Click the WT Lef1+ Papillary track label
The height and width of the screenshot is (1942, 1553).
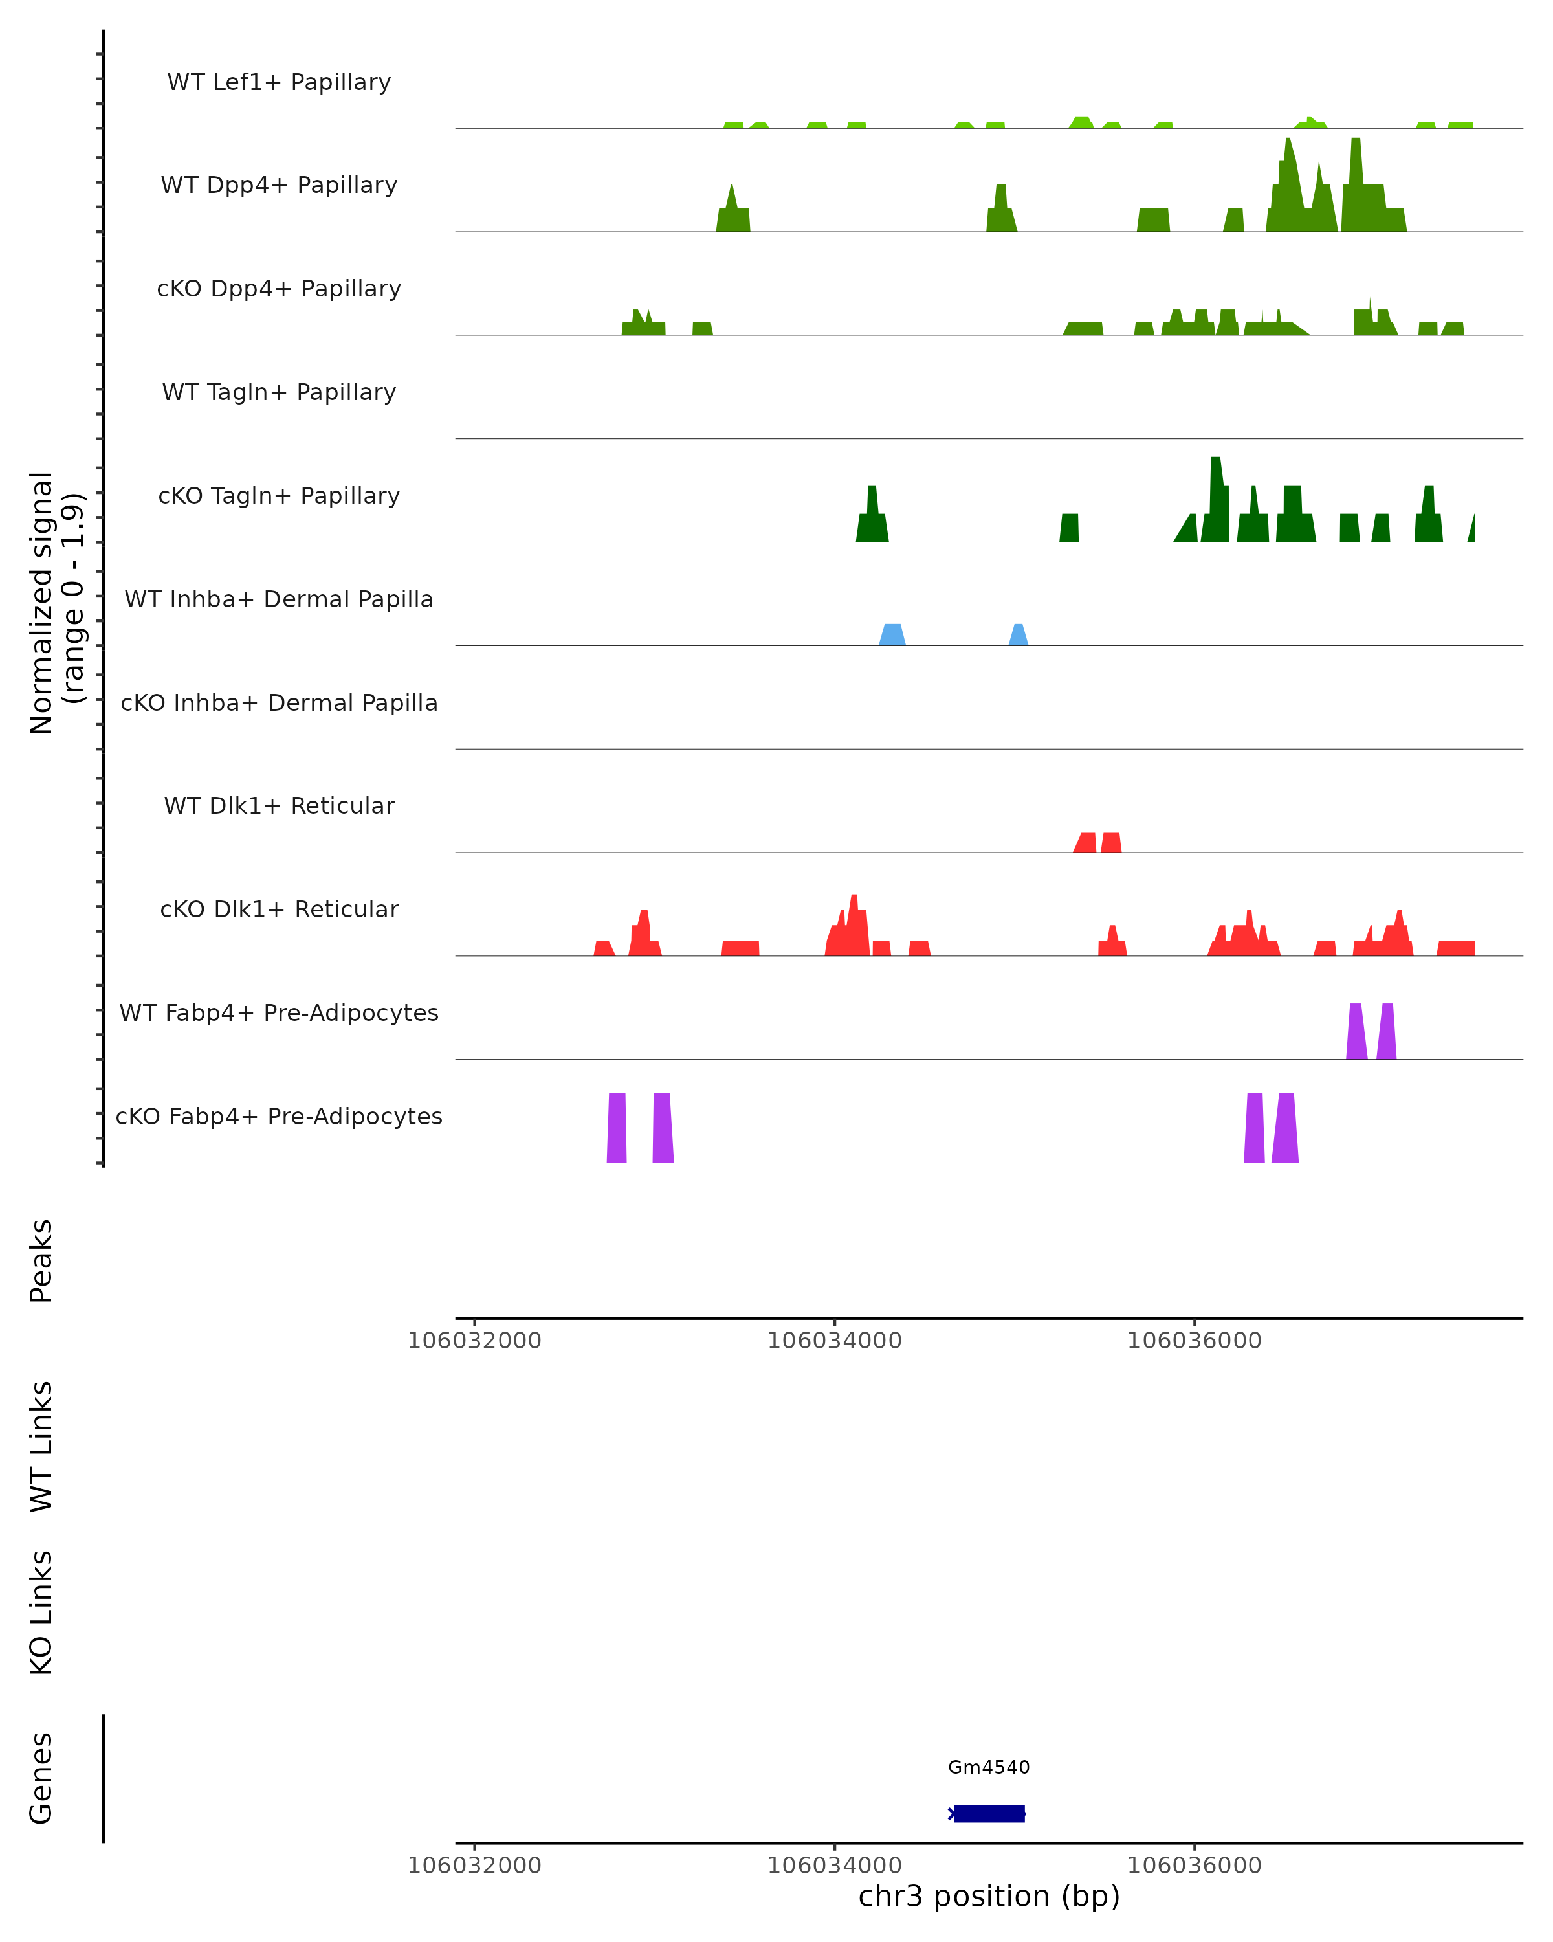click(279, 82)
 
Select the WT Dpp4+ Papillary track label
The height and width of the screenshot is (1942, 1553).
click(279, 186)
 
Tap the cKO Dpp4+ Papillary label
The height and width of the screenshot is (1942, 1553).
click(279, 289)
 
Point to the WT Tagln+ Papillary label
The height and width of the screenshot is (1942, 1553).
click(279, 393)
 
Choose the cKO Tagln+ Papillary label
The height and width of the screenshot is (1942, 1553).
click(279, 497)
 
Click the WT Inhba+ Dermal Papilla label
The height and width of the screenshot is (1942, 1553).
click(279, 600)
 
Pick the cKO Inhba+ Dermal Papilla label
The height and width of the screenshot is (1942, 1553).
click(279, 704)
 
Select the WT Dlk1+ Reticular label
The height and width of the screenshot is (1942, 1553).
click(279, 806)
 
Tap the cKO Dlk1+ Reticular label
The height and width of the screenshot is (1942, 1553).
click(279, 910)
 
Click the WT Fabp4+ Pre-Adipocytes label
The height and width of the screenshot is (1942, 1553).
click(279, 1013)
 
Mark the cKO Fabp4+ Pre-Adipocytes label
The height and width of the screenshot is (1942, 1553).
click(279, 1117)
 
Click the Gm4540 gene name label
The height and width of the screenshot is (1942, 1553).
click(989, 1767)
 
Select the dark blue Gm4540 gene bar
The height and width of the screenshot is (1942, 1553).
click(989, 1813)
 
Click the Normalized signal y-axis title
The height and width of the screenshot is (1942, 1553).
click(56, 603)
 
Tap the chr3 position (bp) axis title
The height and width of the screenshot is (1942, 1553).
click(989, 1896)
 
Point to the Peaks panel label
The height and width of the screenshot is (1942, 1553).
click(41, 1260)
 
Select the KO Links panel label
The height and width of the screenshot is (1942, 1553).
click(41, 1613)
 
